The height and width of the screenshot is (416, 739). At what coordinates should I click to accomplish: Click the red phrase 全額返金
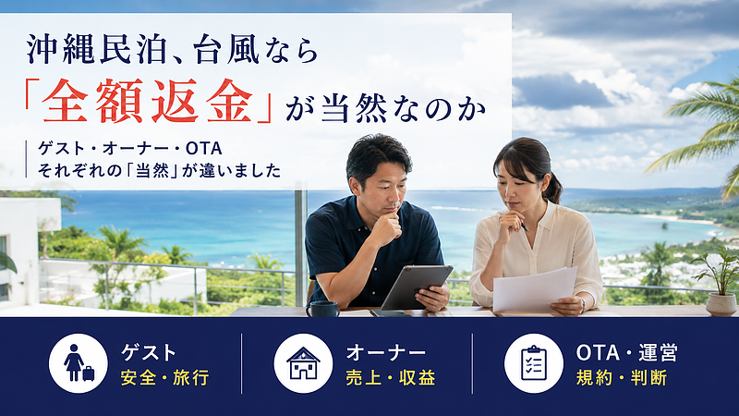(147, 102)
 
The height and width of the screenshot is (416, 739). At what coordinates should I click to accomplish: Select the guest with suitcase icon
(79, 363)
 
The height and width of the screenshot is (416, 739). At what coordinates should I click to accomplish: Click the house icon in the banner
(303, 363)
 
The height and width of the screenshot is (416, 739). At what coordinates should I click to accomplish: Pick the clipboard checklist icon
(534, 363)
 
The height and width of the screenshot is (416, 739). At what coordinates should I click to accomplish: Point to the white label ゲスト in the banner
(149, 353)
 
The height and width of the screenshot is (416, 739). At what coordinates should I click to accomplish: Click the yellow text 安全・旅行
(164, 378)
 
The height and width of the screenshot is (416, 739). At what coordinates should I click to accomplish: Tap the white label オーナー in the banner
(386, 353)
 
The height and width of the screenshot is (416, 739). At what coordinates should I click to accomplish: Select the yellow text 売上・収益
(390, 378)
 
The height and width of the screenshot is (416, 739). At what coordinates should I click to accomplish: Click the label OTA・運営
(627, 353)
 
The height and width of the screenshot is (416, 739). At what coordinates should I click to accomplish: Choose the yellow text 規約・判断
(621, 378)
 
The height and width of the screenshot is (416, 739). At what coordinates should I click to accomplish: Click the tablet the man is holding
(417, 287)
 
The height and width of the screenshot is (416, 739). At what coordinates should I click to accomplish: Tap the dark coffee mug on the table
(323, 309)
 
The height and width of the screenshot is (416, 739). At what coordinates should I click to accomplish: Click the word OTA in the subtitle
(203, 149)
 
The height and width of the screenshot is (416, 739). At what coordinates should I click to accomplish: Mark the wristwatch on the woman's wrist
(584, 304)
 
